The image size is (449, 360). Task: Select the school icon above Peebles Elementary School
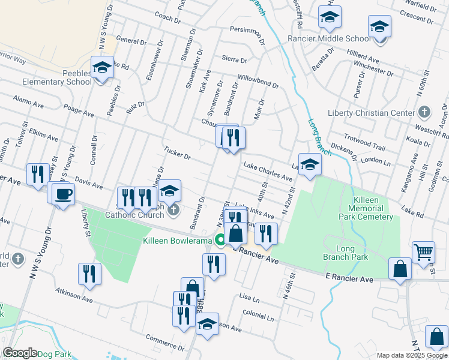(x=102, y=68)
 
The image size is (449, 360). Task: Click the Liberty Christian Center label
(x=372, y=113)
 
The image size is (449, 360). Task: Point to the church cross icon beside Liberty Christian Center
(x=424, y=112)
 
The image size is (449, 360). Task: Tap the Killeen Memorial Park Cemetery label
(x=364, y=208)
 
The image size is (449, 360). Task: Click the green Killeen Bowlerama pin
(x=221, y=241)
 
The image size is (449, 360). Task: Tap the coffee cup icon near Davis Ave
(x=63, y=194)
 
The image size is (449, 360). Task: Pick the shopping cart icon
(x=423, y=253)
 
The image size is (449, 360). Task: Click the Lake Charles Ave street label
(x=268, y=171)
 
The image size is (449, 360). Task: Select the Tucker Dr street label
(x=177, y=152)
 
